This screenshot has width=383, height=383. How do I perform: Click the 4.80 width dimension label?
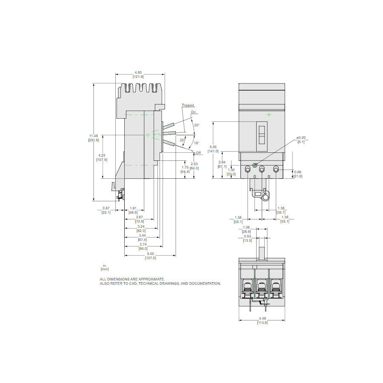[x=138, y=72]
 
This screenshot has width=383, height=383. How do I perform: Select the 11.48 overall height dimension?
[x=93, y=136]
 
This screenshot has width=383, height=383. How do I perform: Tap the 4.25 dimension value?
[x=102, y=155]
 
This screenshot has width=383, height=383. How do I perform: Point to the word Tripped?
[x=188, y=105]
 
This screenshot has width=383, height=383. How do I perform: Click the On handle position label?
[x=194, y=112]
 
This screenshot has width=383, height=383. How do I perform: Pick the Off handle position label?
[x=198, y=152]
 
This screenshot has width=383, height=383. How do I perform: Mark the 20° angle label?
[x=196, y=125]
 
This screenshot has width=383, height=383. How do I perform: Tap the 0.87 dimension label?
[x=106, y=209]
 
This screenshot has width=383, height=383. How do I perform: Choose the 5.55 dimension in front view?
[x=213, y=147]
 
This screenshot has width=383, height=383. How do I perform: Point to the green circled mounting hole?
[x=254, y=165]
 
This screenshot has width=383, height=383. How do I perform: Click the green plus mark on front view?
[x=269, y=114]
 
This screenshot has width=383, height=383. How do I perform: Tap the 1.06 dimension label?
[x=247, y=228]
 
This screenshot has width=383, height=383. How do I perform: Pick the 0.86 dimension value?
[x=298, y=172]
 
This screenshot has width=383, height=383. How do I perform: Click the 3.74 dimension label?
[x=143, y=245]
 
